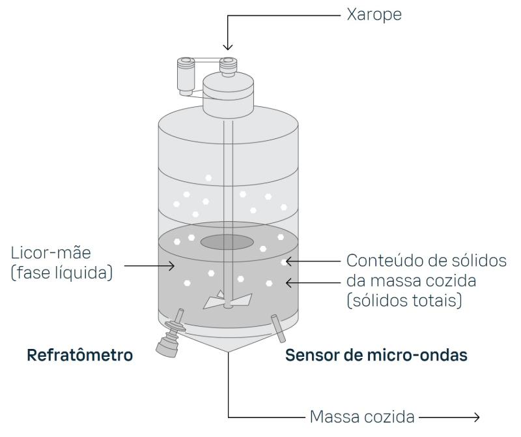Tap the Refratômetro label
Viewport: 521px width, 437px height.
pos(79,356)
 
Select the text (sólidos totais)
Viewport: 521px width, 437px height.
pos(406,301)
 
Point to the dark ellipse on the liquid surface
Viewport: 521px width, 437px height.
pos(227,242)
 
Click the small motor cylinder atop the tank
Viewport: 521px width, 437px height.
pos(183,78)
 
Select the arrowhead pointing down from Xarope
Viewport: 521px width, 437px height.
pos(227,46)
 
